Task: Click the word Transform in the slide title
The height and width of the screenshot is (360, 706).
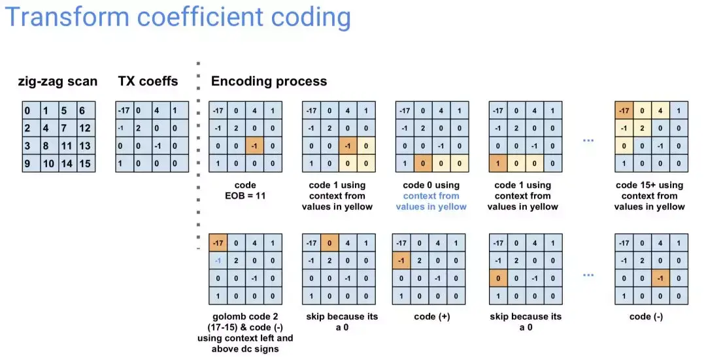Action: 67,17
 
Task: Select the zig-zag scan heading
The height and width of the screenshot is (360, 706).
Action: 58,82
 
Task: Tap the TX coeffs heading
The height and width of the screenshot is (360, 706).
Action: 148,81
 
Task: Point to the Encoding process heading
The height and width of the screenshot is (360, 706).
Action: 269,82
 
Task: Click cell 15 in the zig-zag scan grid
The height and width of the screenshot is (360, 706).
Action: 86,163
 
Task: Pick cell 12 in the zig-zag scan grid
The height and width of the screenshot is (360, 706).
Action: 86,128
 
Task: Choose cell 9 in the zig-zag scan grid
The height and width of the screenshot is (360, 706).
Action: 31,163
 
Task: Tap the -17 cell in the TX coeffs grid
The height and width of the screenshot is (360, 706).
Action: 125,110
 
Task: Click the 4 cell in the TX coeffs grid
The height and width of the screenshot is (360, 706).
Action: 161,110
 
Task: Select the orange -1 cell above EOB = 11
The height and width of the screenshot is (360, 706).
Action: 254,146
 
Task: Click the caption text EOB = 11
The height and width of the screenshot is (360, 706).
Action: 245,196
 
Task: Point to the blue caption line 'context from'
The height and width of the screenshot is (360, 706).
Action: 431,196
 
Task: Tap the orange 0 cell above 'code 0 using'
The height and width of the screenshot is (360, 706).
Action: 423,163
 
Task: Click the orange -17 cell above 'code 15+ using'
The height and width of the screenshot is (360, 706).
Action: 624,110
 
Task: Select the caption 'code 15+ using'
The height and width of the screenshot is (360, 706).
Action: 649,185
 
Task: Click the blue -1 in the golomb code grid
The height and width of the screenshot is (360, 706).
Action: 218,261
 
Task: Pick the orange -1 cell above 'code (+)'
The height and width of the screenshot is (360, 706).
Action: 401,261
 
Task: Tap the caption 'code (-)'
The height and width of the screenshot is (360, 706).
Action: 646,317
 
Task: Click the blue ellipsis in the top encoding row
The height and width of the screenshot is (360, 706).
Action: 588,141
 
